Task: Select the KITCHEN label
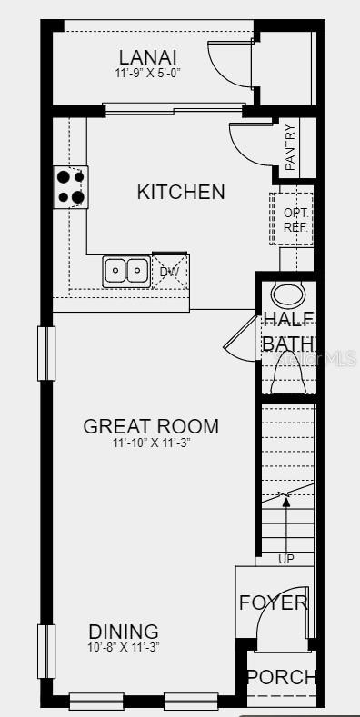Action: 181,192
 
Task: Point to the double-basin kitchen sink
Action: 126,270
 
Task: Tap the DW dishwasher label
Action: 169,271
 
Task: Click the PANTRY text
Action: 290,146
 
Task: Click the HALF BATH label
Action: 288,331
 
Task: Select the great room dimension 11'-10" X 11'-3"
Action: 152,443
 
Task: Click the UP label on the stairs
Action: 285,559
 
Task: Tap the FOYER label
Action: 273,602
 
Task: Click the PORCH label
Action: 282,677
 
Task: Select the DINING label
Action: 124,632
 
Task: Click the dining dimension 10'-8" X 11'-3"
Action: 124,648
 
